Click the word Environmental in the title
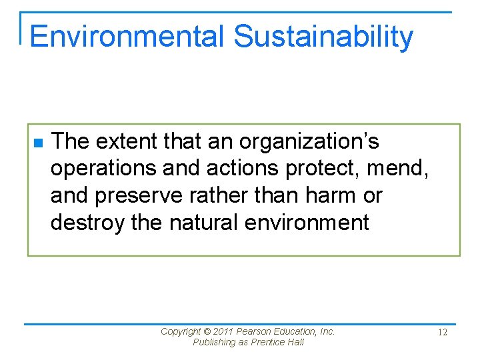(127, 37)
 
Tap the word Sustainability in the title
(323, 37)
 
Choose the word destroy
(87, 222)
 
